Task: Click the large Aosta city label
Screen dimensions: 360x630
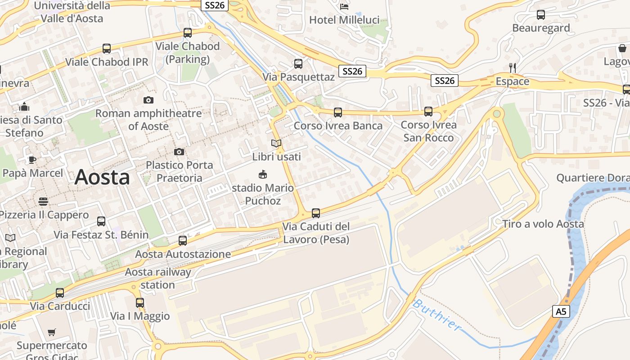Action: coord(102,177)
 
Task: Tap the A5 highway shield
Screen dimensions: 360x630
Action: coord(560,311)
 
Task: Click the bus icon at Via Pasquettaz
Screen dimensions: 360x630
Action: coord(298,64)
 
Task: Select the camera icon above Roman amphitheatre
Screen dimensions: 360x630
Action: coord(148,100)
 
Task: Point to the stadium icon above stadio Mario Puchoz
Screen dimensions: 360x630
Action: coord(263,174)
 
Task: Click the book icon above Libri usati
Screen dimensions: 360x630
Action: coord(276,144)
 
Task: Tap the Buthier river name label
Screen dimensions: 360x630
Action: coord(436,315)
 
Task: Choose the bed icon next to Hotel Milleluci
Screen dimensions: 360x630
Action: coord(344,6)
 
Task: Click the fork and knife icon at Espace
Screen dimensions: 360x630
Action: coord(512,68)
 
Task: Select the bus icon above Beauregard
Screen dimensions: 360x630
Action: coord(541,15)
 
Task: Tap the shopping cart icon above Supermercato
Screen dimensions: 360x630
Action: coord(52,333)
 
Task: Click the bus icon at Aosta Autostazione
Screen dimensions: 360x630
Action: coord(182,241)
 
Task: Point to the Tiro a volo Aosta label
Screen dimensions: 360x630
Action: coord(543,224)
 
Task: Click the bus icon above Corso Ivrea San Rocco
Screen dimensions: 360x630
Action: coord(428,112)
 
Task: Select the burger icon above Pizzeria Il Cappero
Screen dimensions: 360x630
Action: coord(43,201)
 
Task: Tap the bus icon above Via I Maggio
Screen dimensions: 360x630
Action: coord(140,303)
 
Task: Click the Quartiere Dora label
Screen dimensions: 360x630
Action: coord(593,178)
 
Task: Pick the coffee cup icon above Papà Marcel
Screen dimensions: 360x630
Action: coord(32,160)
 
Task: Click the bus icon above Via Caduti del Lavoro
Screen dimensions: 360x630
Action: coord(316,213)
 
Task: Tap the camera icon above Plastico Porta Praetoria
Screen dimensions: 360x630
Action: coord(179,152)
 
